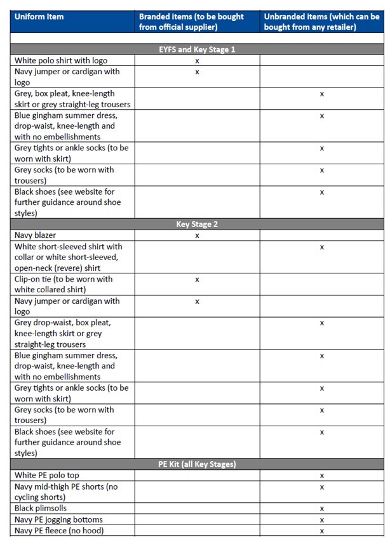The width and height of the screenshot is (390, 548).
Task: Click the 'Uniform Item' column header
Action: click(40, 16)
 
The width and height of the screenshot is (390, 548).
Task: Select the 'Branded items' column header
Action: click(191, 22)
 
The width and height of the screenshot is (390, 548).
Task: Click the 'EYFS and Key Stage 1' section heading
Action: click(197, 49)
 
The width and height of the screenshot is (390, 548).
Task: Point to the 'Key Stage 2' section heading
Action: click(197, 225)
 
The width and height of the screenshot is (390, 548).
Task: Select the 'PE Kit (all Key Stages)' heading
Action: click(197, 464)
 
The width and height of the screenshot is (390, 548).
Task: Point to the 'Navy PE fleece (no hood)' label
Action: click(59, 530)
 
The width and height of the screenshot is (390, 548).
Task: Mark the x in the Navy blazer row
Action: click(197, 235)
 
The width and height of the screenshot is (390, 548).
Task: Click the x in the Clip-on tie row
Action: click(197, 279)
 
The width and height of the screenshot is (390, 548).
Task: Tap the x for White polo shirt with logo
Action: click(197, 60)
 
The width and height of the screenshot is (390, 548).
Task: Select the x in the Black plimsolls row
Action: click(322, 508)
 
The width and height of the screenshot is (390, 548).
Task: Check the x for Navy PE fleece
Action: click(322, 530)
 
